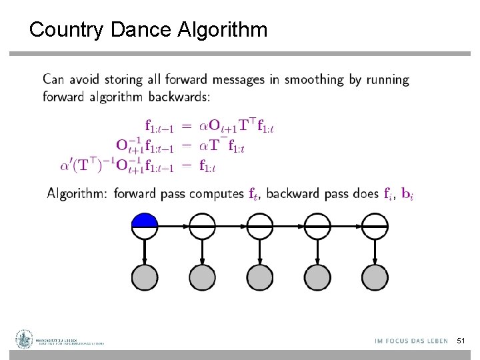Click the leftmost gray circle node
(145, 276)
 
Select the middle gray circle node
(259, 276)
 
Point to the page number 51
(461, 341)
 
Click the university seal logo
(25, 339)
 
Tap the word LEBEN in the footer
(435, 341)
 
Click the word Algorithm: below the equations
(77, 194)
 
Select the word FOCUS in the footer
(399, 341)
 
